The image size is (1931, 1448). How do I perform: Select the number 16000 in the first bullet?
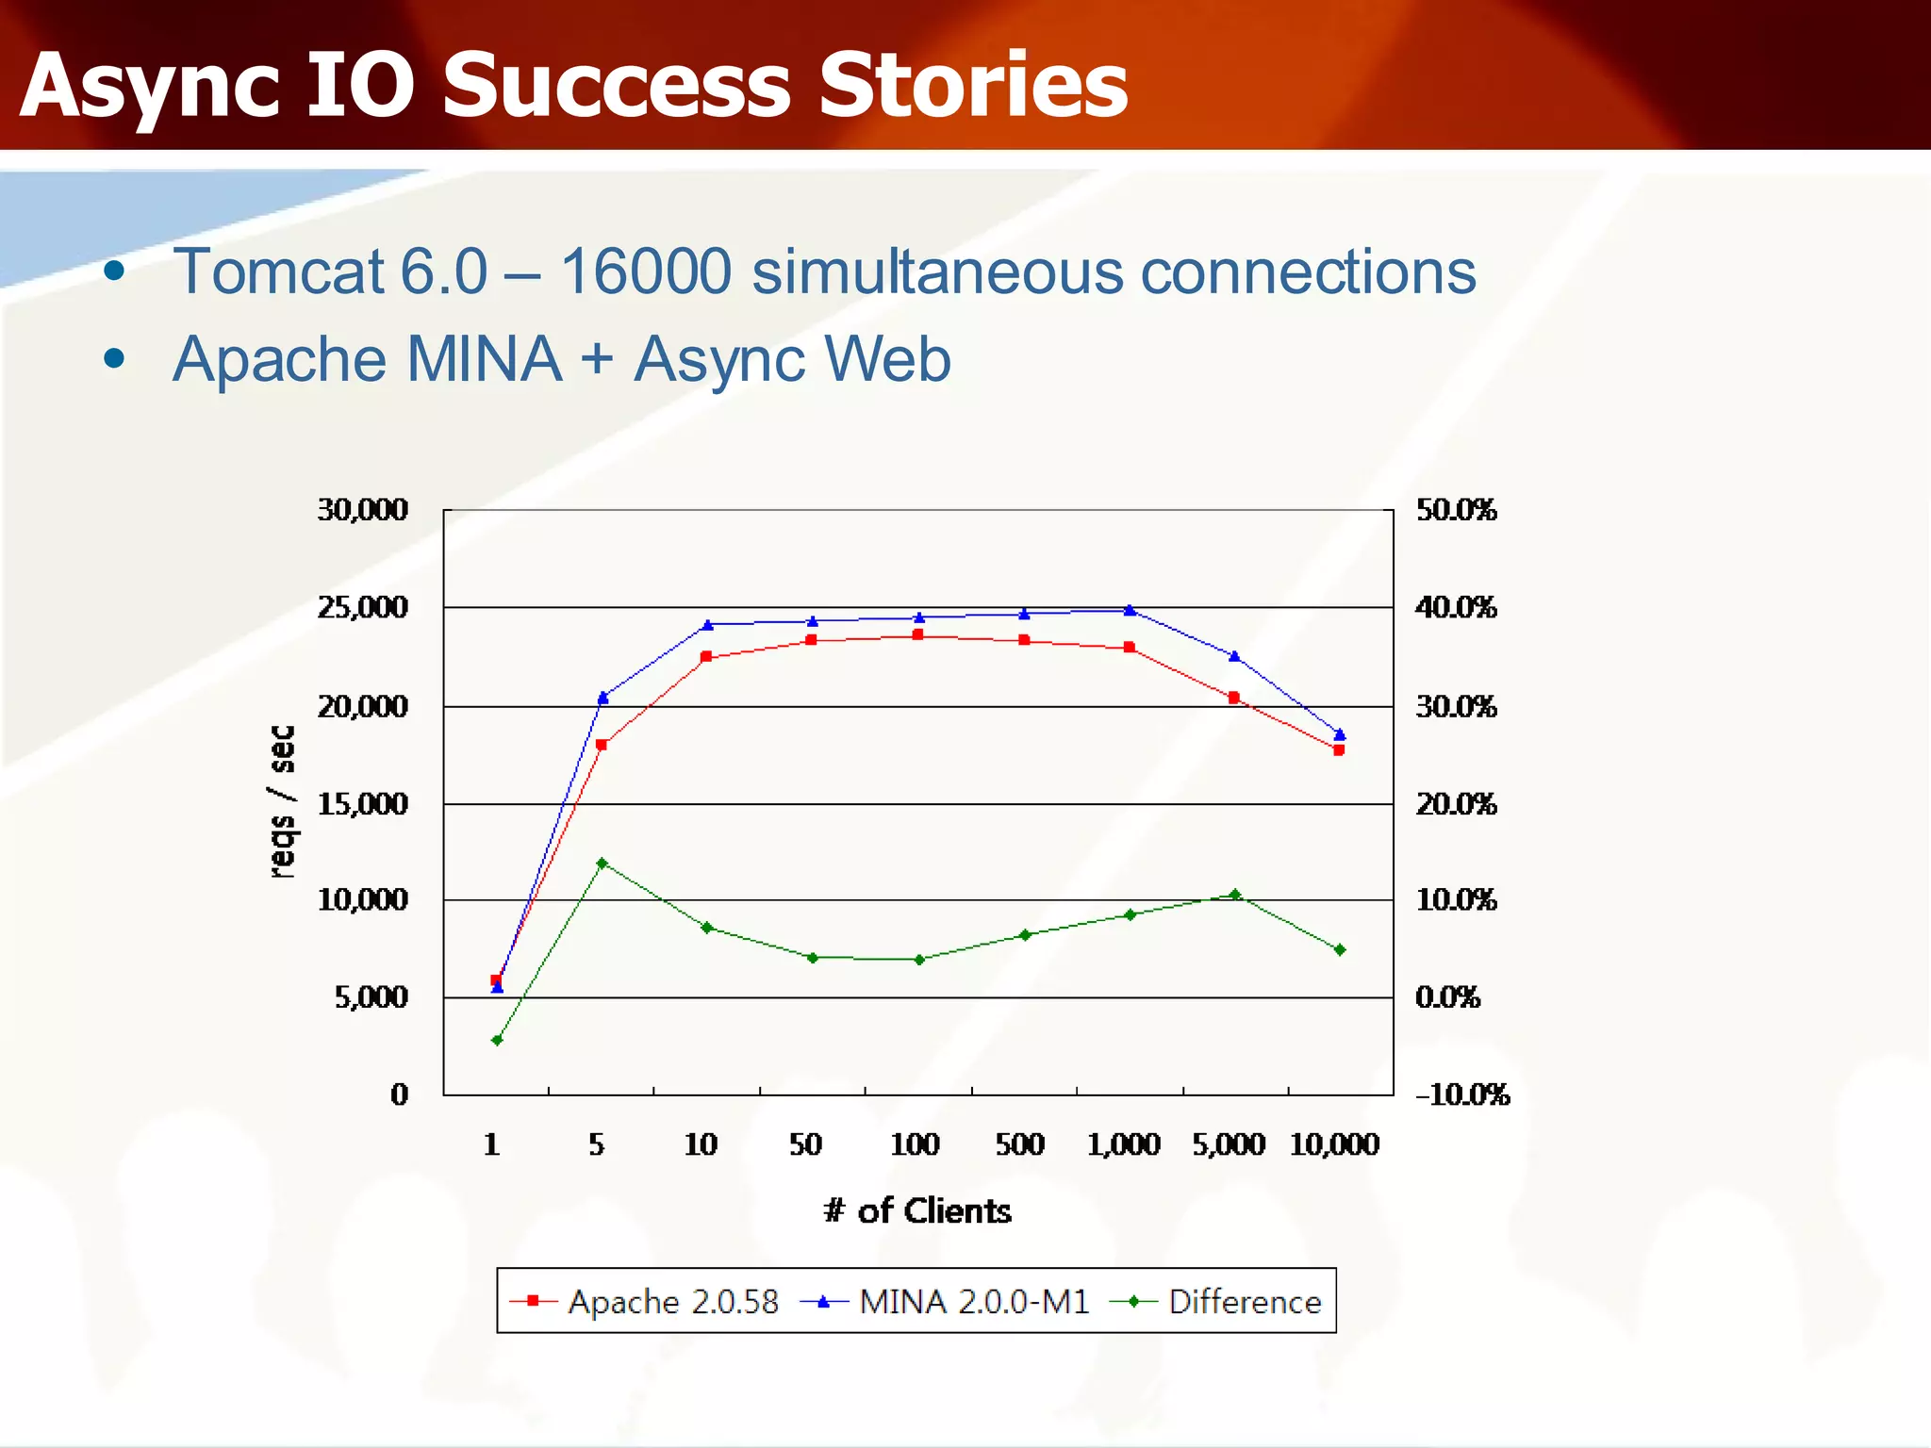click(x=646, y=271)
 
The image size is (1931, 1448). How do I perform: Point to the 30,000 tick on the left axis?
click(x=362, y=510)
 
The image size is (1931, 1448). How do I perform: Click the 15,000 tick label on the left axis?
click(x=362, y=804)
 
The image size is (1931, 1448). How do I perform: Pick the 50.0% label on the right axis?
click(x=1456, y=510)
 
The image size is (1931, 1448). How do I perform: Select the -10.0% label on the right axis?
click(x=1462, y=1094)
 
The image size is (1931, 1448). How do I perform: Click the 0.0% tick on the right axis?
click(x=1447, y=997)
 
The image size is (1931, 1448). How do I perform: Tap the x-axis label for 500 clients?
click(x=1020, y=1144)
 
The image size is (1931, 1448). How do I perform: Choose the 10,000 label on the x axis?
click(x=1334, y=1144)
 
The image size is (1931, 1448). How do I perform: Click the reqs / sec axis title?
click(x=282, y=802)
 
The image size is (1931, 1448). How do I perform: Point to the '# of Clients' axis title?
click(x=917, y=1210)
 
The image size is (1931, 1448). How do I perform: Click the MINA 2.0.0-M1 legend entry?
click(x=945, y=1302)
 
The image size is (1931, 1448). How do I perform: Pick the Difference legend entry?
click(x=1216, y=1302)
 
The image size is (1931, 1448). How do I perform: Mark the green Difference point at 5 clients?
click(x=602, y=864)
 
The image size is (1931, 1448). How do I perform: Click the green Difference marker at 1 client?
click(x=497, y=1041)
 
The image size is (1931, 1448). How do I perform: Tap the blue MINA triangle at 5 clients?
click(x=603, y=698)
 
